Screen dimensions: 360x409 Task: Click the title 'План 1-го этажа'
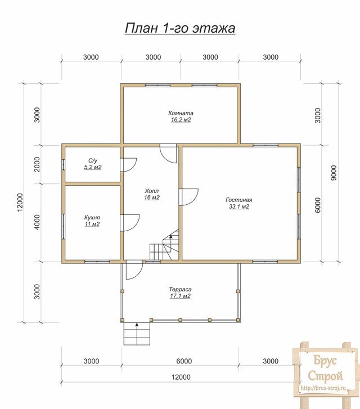(180, 29)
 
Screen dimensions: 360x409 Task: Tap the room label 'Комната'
(181, 113)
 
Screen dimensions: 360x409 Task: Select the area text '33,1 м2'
(239, 206)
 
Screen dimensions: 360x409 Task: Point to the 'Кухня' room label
(92, 218)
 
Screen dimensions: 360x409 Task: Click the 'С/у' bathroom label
(93, 161)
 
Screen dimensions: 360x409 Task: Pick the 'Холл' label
(151, 191)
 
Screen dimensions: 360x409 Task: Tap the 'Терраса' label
(180, 289)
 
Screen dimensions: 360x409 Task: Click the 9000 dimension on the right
(334, 173)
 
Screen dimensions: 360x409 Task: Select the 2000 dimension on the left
(37, 164)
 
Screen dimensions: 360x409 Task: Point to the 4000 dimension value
(37, 222)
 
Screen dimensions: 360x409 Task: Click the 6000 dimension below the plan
(184, 361)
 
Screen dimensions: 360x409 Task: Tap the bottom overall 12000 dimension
(181, 377)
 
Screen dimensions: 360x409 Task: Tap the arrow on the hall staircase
(171, 236)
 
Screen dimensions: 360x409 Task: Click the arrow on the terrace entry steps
(137, 325)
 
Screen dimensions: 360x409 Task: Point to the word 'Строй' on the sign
(325, 376)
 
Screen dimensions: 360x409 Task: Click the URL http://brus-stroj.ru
(323, 388)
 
